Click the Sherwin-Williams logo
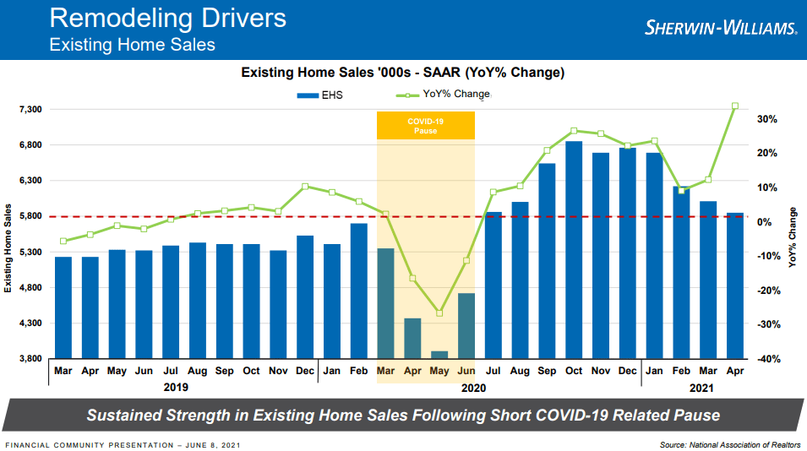[x=720, y=28]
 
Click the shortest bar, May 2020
[x=439, y=354]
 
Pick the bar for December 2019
[x=305, y=296]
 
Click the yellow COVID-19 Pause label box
[x=425, y=126]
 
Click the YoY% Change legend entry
[x=443, y=95]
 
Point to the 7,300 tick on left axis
[x=30, y=110]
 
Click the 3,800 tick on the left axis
[x=30, y=359]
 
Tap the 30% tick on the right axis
[x=766, y=119]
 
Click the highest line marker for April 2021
[x=735, y=106]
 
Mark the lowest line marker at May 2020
[x=439, y=313]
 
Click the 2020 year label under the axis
[x=474, y=388]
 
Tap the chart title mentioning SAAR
[x=403, y=73]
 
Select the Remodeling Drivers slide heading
[x=167, y=18]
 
